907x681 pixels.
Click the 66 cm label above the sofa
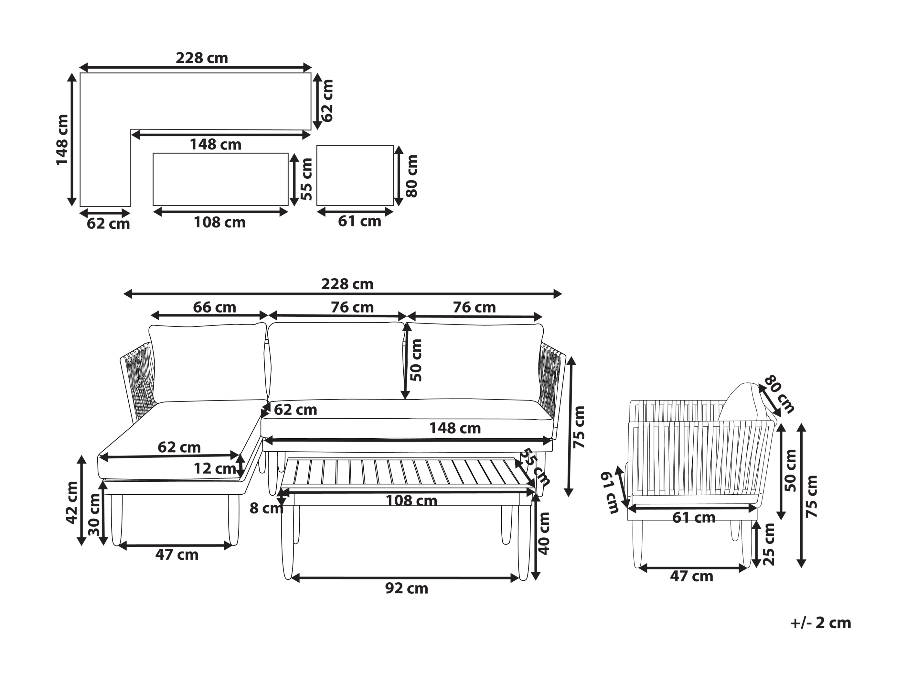click(x=214, y=307)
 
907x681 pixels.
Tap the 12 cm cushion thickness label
click(x=214, y=468)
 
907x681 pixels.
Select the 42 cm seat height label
click(x=72, y=503)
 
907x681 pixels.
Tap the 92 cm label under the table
click(x=407, y=589)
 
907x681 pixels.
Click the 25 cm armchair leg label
click(x=769, y=544)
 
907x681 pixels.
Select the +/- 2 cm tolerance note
click(x=820, y=623)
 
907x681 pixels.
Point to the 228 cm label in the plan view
click(x=202, y=58)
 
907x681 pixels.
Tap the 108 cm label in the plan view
click(x=220, y=223)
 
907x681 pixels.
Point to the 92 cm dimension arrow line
click(x=405, y=578)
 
